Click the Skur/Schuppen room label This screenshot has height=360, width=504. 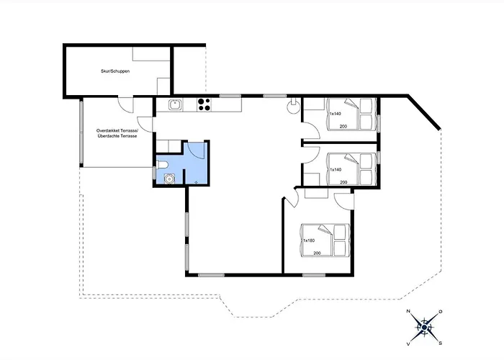(x=115, y=71)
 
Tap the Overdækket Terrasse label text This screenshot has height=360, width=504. (x=117, y=131)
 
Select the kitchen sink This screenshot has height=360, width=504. (x=175, y=105)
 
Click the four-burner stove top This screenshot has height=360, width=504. (x=204, y=104)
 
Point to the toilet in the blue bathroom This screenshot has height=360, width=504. (x=162, y=166)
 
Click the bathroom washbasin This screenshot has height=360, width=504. (x=169, y=178)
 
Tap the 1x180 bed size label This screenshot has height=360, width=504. (x=309, y=240)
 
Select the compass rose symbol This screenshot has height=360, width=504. (x=424, y=327)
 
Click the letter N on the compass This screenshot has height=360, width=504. (x=408, y=311)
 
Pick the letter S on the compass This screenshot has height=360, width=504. (x=441, y=343)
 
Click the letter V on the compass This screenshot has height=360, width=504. (x=408, y=344)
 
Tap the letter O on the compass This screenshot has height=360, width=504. (x=441, y=312)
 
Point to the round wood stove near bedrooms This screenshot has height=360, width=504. (x=293, y=107)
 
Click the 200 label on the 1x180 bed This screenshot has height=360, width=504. (x=317, y=253)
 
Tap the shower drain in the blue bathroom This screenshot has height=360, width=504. (x=196, y=182)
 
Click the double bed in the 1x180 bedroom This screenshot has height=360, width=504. (x=325, y=240)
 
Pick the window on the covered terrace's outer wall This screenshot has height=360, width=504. (x=81, y=132)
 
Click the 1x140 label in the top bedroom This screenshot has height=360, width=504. (x=336, y=114)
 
